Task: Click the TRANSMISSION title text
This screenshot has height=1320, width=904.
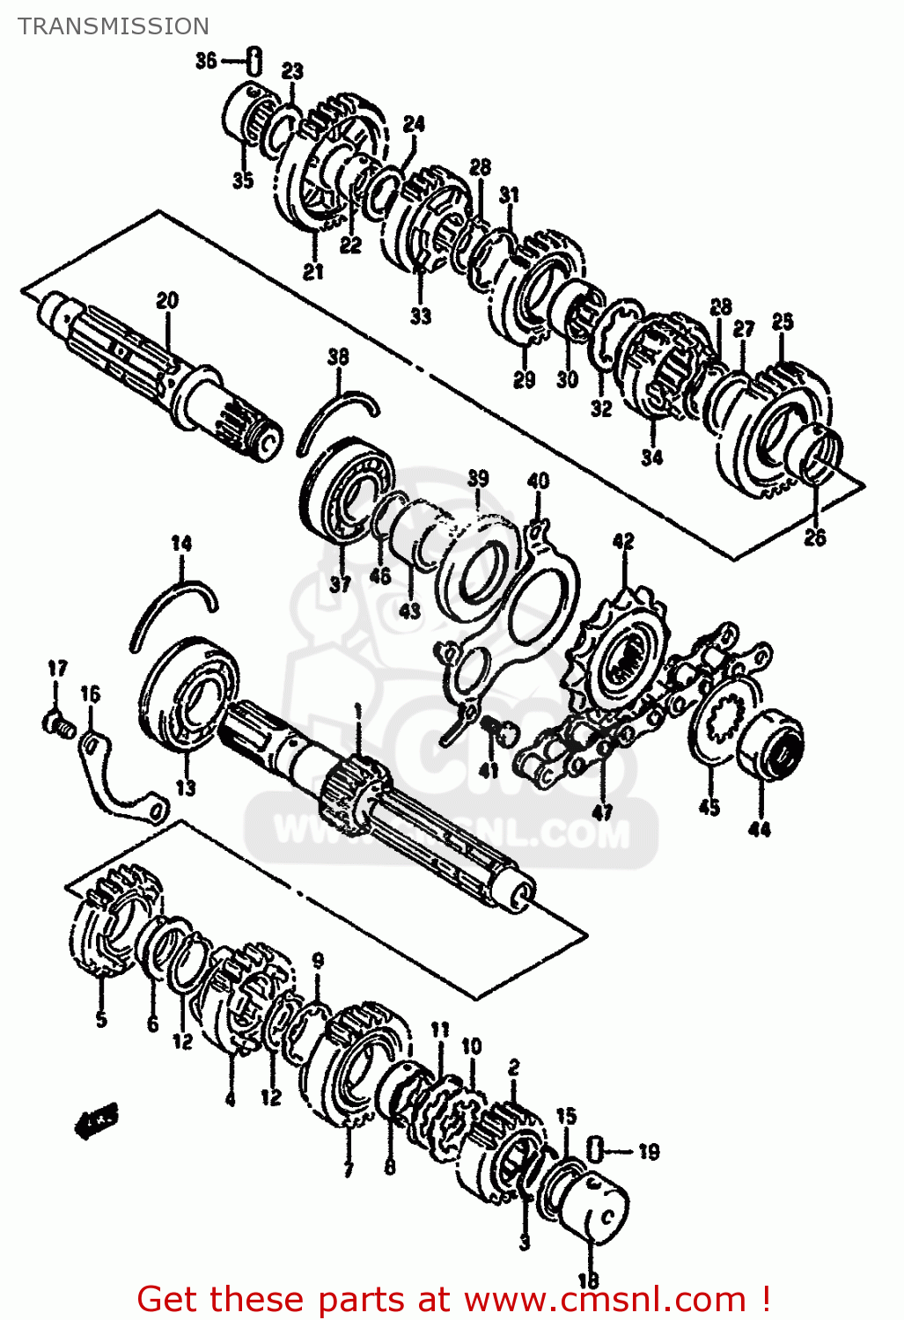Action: pos(113,26)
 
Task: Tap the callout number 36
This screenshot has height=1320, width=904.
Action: pos(205,61)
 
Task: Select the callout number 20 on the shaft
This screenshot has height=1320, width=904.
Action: pos(167,301)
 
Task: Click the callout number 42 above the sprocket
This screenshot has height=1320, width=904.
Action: pos(623,541)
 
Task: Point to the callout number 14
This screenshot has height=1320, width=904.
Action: pos(181,544)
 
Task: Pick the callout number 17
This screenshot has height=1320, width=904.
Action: pos(57,669)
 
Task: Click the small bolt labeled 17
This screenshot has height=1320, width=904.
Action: pos(58,723)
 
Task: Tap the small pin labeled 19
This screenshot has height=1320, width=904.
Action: pos(594,1148)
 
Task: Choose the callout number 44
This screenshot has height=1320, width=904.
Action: pos(760,828)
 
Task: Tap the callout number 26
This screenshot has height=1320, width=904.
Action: pos(815,537)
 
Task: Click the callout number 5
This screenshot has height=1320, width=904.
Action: pos(101,1019)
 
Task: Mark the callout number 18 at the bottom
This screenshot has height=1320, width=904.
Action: pos(588,1280)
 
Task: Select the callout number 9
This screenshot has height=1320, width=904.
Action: pos(318,960)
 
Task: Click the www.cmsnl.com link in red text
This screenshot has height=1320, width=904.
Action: pos(605,1299)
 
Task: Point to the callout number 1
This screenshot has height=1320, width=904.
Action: pos(357,710)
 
